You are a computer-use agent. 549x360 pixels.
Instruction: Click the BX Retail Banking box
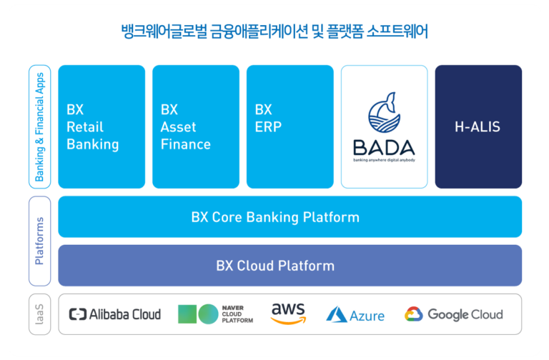[x=102, y=127]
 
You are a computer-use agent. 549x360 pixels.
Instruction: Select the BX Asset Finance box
[x=195, y=127]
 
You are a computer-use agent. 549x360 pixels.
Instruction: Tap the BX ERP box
[x=290, y=127]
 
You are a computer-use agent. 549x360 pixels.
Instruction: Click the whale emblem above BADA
[x=384, y=114]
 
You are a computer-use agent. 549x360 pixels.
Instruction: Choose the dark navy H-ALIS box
[x=478, y=127]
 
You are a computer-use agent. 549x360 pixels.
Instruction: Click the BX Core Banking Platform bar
[x=290, y=216]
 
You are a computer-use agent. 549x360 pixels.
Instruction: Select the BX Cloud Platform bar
[x=290, y=266]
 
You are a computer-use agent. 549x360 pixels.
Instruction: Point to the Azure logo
[x=355, y=315]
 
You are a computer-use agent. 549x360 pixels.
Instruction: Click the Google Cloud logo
[x=454, y=314]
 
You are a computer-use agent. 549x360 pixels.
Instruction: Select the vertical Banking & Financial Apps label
[x=39, y=127]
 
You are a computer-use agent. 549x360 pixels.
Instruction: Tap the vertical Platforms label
[x=39, y=241]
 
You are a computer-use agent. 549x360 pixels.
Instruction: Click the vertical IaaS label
[x=39, y=314]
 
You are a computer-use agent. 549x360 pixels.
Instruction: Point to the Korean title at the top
[x=274, y=31]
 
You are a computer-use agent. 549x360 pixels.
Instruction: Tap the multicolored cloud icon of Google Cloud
[x=414, y=314]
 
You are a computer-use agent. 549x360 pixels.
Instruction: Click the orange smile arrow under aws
[x=288, y=321]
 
